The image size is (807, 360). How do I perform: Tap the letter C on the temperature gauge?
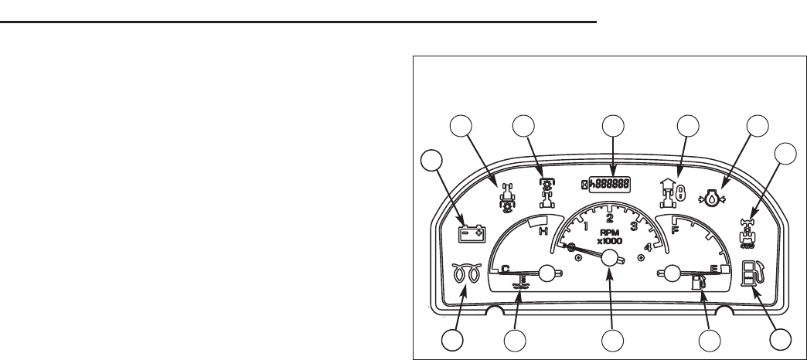[x=506, y=268]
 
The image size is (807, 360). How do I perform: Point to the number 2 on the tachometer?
[x=610, y=219]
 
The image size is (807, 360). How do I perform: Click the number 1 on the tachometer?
[x=585, y=226]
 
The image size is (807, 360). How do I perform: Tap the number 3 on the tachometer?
[x=635, y=226]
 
